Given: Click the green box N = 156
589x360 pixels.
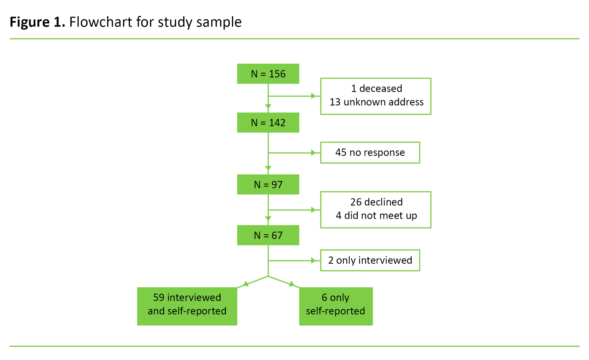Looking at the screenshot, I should tap(268, 74).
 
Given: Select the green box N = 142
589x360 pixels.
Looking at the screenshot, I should tap(268, 123).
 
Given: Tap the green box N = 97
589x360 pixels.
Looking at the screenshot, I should tap(268, 184).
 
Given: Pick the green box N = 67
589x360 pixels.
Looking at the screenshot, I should tap(268, 235).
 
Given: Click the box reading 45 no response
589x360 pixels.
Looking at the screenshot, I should tap(370, 153).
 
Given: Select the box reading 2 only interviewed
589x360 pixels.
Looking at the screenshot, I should tap(370, 260).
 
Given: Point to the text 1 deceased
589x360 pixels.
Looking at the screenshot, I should tap(376, 88).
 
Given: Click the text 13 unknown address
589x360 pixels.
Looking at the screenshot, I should tap(376, 102).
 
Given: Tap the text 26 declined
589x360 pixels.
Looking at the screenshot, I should tap(376, 202).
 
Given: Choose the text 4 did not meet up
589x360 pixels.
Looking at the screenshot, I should tap(376, 216).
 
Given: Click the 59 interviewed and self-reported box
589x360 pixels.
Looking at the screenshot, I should tap(187, 306).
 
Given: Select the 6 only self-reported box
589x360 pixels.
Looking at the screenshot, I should tap(336, 306).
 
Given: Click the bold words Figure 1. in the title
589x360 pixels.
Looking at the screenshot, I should tap(37, 22).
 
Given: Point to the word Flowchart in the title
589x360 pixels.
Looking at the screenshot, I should tap(101, 22).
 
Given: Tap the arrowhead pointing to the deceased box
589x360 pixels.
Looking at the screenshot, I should tap(313, 96).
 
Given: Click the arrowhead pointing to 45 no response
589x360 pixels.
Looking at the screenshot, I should tap(313, 153).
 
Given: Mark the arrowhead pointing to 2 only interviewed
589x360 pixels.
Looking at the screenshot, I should tap(313, 261).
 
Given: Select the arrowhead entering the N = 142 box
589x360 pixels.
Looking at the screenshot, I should tap(268, 107).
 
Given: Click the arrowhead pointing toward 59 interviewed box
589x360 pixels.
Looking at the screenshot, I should tap(246, 284).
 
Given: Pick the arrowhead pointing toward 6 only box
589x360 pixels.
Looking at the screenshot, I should tap(291, 284).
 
